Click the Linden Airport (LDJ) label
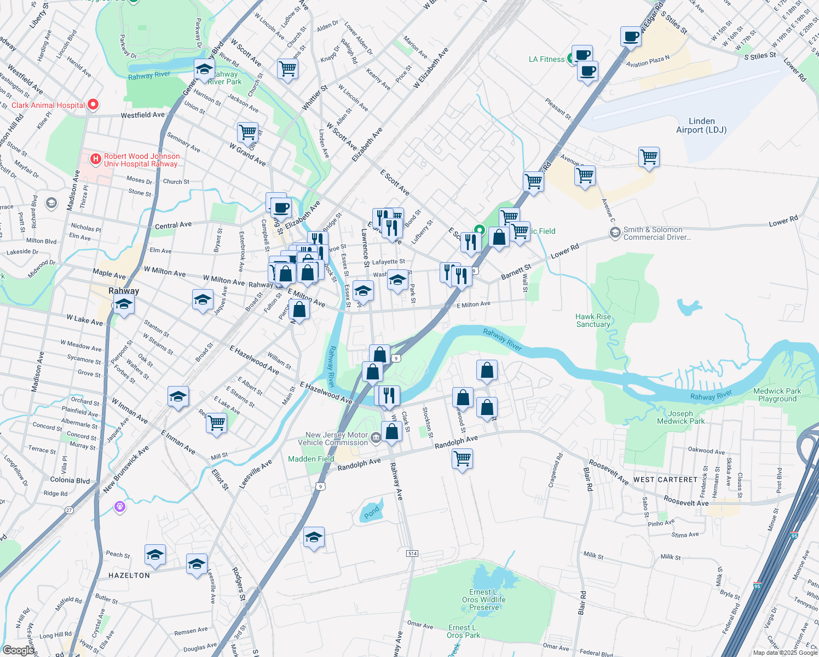[x=701, y=125]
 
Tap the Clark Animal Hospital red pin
[x=93, y=104]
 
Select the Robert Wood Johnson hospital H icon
[x=95, y=159]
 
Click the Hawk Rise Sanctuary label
[x=593, y=320]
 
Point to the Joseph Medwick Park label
[x=680, y=417]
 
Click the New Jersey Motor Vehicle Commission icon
[x=376, y=437]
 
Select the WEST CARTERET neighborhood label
[x=665, y=480]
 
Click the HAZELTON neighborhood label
[x=129, y=575]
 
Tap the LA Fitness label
[x=546, y=59]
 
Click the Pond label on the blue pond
[x=372, y=512]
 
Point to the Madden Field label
[x=311, y=459]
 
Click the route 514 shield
[x=412, y=554]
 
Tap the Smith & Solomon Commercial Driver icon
[x=615, y=233]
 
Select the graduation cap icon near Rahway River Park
[x=204, y=70]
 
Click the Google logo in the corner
[x=18, y=650]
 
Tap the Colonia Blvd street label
[x=70, y=480]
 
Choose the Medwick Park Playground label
[x=777, y=395]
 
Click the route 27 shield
[x=69, y=510]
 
